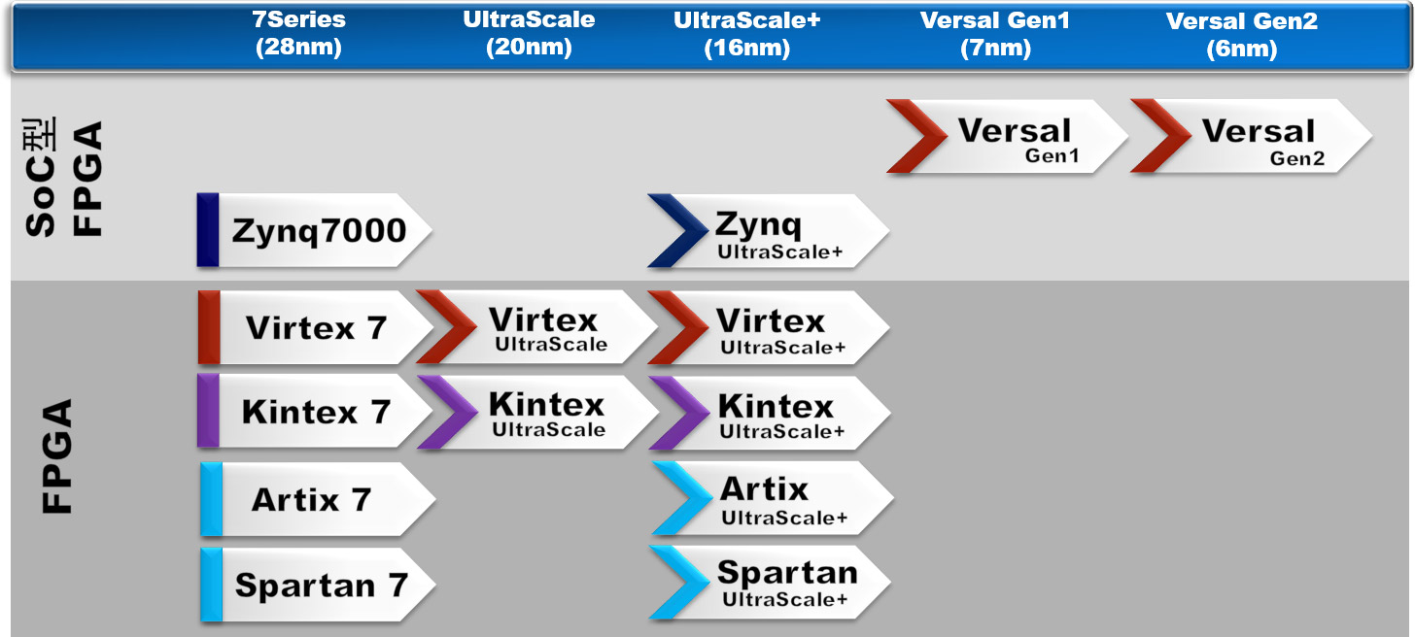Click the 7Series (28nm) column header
click(x=298, y=34)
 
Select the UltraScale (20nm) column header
click(x=529, y=34)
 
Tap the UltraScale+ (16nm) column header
click(x=746, y=34)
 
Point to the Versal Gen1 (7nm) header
click(x=994, y=34)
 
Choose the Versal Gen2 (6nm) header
click(x=1241, y=34)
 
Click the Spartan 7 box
click(x=316, y=585)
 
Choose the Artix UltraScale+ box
click(x=773, y=499)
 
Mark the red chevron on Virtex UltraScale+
click(x=678, y=328)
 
